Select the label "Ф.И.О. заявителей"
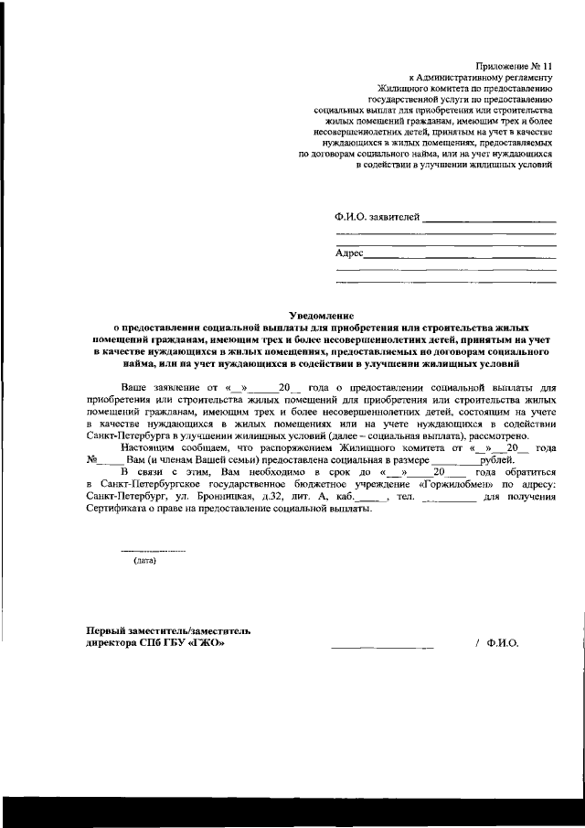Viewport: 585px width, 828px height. pos(378,217)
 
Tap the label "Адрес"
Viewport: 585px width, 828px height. pos(350,252)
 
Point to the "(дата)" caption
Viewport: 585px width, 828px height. pos(145,560)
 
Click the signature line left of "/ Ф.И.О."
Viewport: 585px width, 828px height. pos(381,647)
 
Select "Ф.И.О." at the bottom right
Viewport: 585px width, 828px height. pos(504,642)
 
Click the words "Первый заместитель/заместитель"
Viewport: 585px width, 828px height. pos(167,630)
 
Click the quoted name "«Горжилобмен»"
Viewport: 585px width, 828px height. pos(459,483)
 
